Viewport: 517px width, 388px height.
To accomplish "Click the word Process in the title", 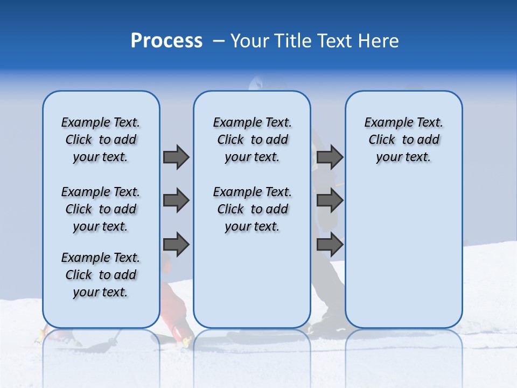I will pos(166,40).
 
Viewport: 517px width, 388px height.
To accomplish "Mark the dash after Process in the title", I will pos(218,41).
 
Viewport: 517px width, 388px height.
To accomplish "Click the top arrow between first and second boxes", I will pos(176,157).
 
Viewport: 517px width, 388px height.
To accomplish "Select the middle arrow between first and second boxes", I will pos(176,201).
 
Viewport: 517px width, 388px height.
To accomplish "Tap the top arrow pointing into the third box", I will pos(330,157).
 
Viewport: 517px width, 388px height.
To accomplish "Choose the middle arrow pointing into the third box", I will pos(330,201).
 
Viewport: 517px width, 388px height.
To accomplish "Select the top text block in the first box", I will pos(101,140).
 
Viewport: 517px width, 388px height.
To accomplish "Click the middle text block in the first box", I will pos(101,209).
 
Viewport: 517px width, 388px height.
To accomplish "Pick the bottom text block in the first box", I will pos(101,275).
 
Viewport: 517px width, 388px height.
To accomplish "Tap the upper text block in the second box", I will pos(252,140).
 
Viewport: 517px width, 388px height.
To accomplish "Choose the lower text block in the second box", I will pos(252,209).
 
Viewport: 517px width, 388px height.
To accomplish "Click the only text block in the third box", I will pos(403,140).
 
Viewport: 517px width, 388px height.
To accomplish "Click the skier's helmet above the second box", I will pos(257,84).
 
